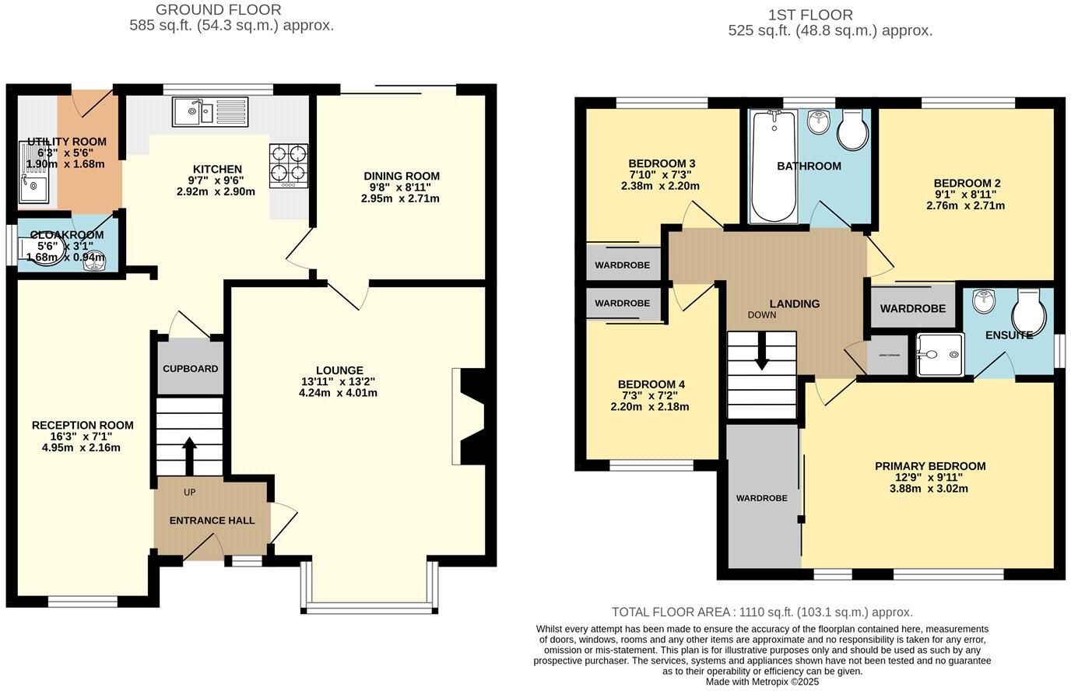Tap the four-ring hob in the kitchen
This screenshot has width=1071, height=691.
pos(289,164)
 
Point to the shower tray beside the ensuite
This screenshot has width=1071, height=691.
pos(939,355)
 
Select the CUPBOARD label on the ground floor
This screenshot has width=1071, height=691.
pos(191,368)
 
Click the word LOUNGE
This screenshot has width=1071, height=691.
pos(339,370)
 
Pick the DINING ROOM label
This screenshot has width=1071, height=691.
pos(402,176)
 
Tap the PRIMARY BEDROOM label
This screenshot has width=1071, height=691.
pos(930,466)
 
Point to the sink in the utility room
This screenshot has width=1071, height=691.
pos(33,187)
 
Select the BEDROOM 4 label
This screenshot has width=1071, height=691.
pos(651,384)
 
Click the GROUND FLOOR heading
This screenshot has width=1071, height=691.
pos(219,10)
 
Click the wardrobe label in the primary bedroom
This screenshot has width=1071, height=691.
pos(761,498)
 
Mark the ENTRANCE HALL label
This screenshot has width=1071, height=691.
pos(212,521)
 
